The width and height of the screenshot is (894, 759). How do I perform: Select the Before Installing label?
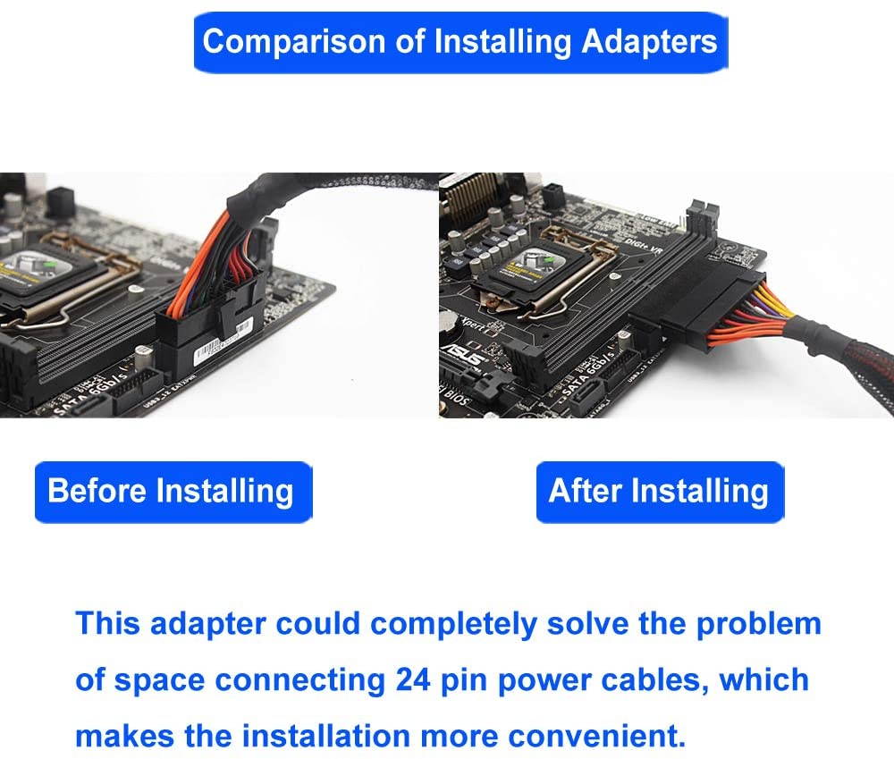click(171, 491)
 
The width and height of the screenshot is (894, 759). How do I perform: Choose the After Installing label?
click(659, 491)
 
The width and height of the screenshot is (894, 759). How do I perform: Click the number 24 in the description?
click(413, 679)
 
